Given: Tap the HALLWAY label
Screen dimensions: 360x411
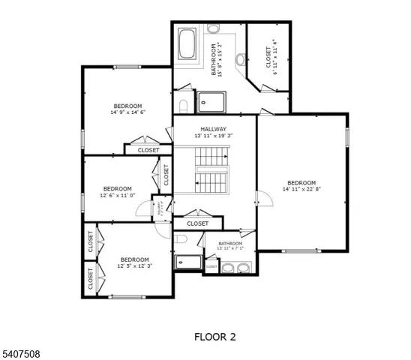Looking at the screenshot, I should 214,129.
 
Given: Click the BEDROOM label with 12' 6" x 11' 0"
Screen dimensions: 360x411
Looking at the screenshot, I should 117,188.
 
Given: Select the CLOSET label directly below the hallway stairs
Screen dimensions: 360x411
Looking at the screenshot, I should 198,223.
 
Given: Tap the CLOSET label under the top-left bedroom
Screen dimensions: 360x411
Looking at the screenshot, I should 148,150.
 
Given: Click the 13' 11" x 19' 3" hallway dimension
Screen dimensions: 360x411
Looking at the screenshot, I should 214,136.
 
